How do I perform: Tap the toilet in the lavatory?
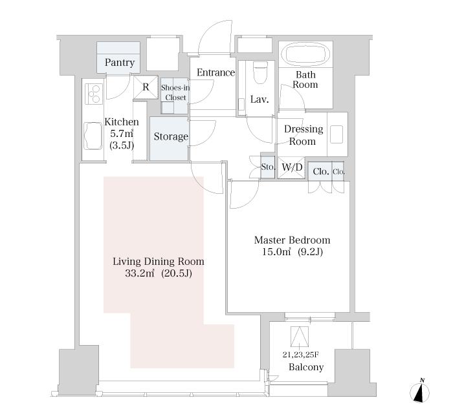(x=260, y=72)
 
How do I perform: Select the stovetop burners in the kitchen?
(x=94, y=94)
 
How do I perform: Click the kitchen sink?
(x=93, y=136)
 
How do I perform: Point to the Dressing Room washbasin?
(x=337, y=134)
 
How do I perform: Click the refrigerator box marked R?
(x=146, y=87)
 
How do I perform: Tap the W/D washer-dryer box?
(x=291, y=167)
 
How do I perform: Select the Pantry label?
(x=120, y=62)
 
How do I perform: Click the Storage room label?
(x=171, y=136)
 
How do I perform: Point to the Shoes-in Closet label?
(x=175, y=92)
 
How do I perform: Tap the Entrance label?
(x=215, y=72)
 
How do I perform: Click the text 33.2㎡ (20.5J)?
(x=159, y=273)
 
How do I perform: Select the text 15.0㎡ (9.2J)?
(x=293, y=252)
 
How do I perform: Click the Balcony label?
(x=306, y=367)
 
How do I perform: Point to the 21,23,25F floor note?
(x=300, y=355)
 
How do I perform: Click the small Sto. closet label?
(x=268, y=167)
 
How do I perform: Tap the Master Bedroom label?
(x=292, y=240)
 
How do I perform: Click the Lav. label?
(x=260, y=100)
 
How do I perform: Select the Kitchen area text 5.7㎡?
(x=122, y=134)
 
